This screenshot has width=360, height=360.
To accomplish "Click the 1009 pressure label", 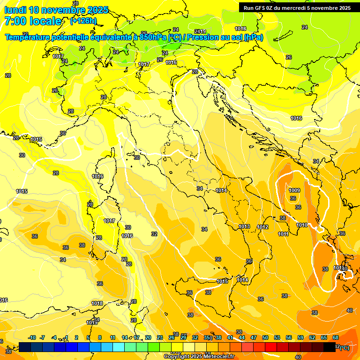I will (x=294, y=190).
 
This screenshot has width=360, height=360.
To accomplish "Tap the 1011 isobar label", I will (x=283, y=234).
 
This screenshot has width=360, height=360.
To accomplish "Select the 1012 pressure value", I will (x=262, y=227).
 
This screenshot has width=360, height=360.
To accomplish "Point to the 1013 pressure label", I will (x=244, y=226).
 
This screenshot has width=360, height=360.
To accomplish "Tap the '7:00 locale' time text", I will (x=32, y=21).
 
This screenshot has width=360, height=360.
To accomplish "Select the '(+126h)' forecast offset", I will (x=83, y=21).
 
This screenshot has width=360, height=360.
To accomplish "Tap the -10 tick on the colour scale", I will (x=32, y=337).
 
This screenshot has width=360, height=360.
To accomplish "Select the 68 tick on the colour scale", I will (x=336, y=337).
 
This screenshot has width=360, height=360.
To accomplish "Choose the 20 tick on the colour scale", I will (x=148, y=337).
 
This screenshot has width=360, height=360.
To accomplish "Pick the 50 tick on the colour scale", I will (x=265, y=337).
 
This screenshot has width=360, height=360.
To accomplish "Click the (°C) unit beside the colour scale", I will (x=344, y=347).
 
